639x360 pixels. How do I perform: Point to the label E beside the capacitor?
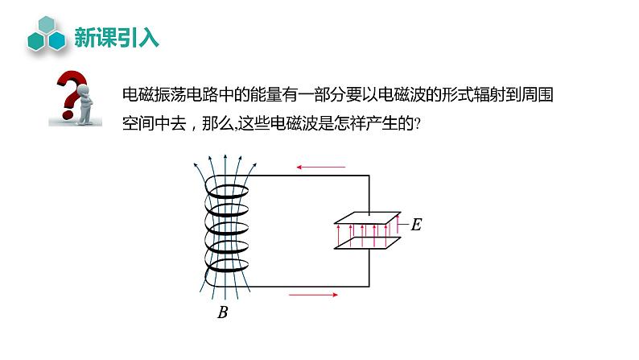(416, 225)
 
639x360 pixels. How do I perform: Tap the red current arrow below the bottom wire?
(313, 295)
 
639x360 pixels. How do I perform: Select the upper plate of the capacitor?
(368, 218)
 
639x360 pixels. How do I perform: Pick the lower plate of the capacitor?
(368, 242)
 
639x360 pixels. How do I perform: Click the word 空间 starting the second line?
(131, 123)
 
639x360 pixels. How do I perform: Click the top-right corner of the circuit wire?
(369, 175)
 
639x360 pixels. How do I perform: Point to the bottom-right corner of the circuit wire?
(369, 286)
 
